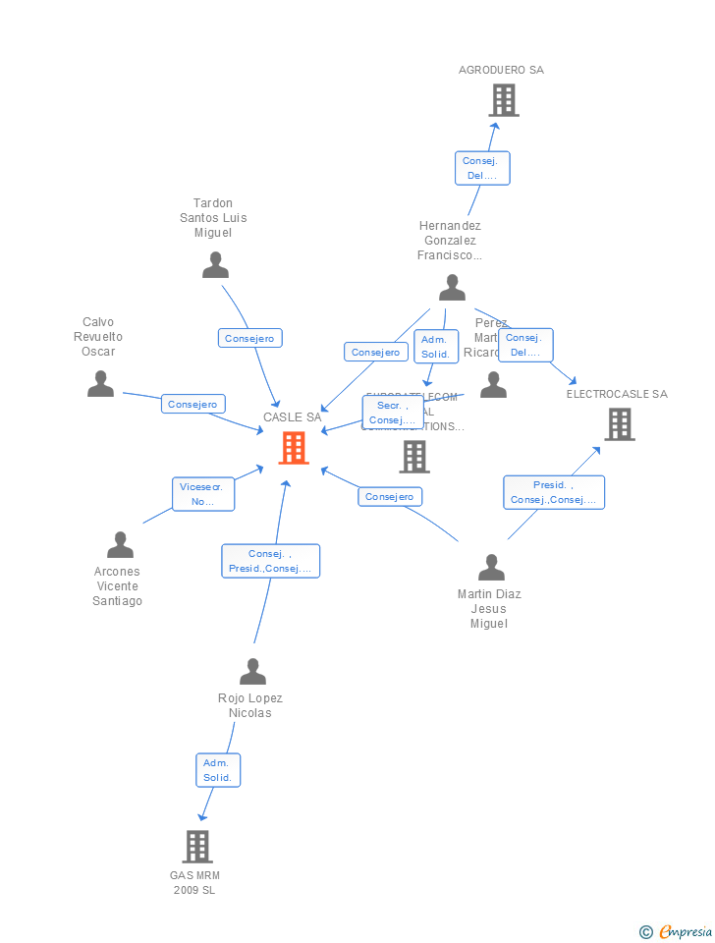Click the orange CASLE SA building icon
point(294,448)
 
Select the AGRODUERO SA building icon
point(503,100)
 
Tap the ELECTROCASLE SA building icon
point(619,424)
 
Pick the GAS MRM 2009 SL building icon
point(197,847)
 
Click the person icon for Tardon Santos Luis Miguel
point(215,265)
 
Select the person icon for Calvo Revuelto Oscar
point(100,384)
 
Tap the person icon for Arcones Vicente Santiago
point(120,544)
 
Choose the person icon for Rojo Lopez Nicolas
point(252,672)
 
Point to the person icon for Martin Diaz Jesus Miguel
point(491,568)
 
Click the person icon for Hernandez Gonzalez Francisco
point(452,288)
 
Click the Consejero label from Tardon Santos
point(249,338)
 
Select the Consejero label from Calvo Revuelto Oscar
point(193,404)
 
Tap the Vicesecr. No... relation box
point(203,494)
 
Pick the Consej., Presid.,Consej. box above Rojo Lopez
point(270,561)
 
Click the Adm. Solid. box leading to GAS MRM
point(217,770)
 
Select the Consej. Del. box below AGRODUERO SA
point(481,168)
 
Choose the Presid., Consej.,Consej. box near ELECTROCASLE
point(554,492)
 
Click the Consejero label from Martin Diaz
point(390,497)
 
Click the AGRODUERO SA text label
point(501,70)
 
